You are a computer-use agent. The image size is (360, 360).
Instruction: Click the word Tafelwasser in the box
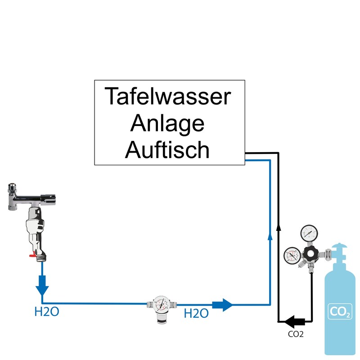pos(168,97)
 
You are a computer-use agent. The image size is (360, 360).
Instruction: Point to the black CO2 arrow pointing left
pos(295,321)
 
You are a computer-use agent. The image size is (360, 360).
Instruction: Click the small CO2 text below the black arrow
pos(296,334)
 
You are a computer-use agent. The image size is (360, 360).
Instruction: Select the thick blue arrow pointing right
pos(222,305)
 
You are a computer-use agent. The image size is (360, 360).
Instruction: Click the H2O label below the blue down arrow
pos(47,311)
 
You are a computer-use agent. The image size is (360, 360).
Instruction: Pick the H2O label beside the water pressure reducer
pos(196,313)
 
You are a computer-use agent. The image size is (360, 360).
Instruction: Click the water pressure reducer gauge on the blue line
pos(161,304)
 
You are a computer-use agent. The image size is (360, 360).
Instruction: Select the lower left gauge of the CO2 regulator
pos(291,256)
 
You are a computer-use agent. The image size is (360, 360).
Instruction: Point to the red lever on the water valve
pos(32,256)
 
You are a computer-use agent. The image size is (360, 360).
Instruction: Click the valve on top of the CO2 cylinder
pos(340,252)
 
